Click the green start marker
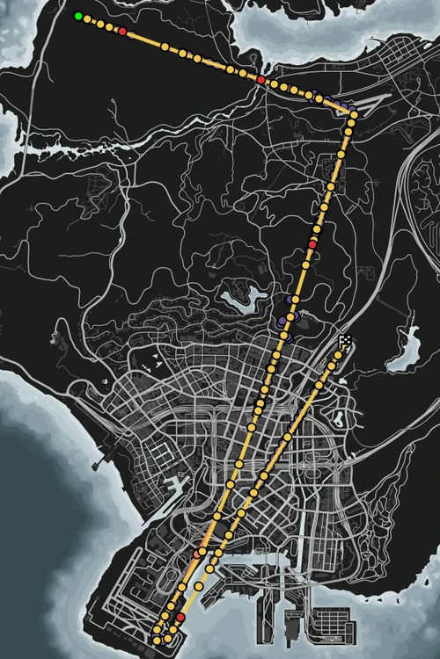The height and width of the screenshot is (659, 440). (78, 16)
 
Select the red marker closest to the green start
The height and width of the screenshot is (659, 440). (122, 32)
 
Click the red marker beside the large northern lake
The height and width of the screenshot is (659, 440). (260, 80)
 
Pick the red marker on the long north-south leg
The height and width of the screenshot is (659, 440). (312, 243)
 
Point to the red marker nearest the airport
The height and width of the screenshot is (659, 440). (180, 618)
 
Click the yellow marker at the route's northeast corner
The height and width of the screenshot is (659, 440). (353, 112)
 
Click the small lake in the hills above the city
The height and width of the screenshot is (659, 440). (238, 299)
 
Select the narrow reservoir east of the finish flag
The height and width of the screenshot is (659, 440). (406, 349)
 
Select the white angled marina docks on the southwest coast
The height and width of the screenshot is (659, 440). (180, 483)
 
